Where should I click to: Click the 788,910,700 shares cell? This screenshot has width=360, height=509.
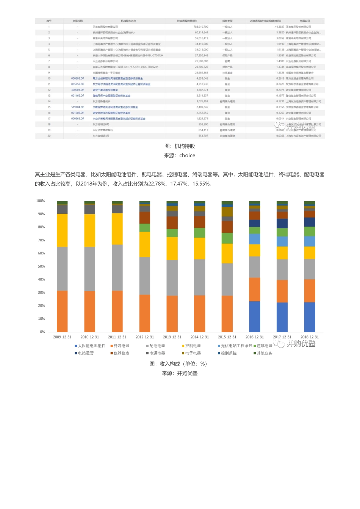[x=200, y=27]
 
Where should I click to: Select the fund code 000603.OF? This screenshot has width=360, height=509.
[x=78, y=78]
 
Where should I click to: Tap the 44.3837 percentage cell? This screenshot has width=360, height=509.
[x=279, y=27]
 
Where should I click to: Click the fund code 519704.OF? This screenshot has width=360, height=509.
[x=78, y=107]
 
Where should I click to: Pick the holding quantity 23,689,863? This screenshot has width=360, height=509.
[x=201, y=73]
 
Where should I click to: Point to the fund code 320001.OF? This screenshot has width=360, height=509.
[x=78, y=90]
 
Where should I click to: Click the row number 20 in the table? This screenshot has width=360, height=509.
[x=49, y=136]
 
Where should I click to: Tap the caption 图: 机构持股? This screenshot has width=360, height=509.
[x=180, y=146]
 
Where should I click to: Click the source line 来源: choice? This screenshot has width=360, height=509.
[x=180, y=155]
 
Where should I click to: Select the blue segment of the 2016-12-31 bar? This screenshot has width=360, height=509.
[x=255, y=316]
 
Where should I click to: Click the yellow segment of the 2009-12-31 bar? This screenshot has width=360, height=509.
[x=62, y=230]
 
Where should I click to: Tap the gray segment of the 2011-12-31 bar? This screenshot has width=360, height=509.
[x=117, y=268]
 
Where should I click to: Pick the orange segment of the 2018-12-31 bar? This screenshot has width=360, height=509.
[x=310, y=291]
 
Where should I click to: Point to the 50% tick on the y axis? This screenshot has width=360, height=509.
[x=41, y=266]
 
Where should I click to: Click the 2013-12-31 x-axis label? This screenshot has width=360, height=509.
[x=172, y=337]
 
